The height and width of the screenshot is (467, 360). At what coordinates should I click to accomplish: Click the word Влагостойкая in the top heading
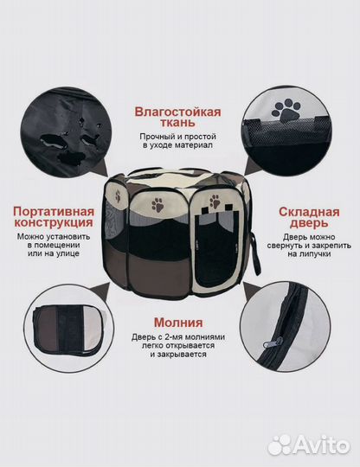click(177, 111)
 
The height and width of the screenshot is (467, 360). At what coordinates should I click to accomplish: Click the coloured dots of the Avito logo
click(280, 445)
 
